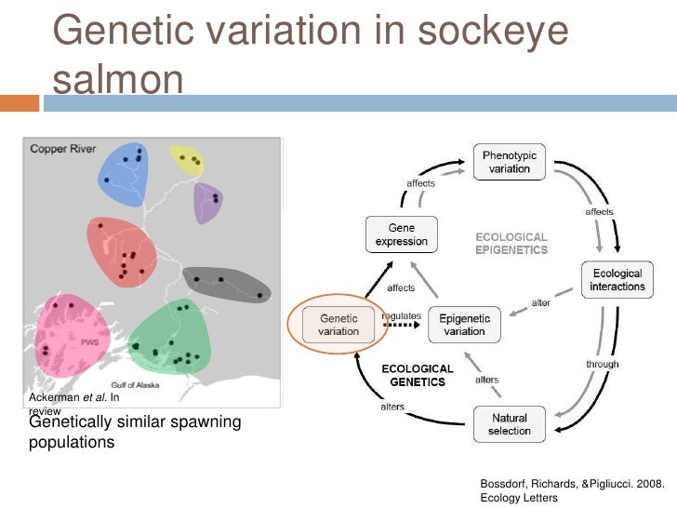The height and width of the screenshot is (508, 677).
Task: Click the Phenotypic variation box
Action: tap(510, 162)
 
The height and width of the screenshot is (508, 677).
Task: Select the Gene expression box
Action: tap(401, 234)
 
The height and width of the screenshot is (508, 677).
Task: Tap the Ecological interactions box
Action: tap(617, 280)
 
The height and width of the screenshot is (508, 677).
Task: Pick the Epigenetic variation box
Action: tap(464, 325)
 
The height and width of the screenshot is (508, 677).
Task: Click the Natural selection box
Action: tap(509, 424)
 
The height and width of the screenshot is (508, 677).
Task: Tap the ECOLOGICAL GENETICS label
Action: tap(418, 376)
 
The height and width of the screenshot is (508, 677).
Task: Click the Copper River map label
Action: tap(61, 148)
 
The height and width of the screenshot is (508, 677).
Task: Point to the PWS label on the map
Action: tap(89, 341)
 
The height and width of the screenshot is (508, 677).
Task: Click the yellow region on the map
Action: tap(186, 159)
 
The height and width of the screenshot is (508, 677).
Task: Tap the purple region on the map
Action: tap(207, 202)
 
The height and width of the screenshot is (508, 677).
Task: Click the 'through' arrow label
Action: tap(603, 364)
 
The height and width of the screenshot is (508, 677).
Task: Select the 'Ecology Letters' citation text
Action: tap(518, 498)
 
